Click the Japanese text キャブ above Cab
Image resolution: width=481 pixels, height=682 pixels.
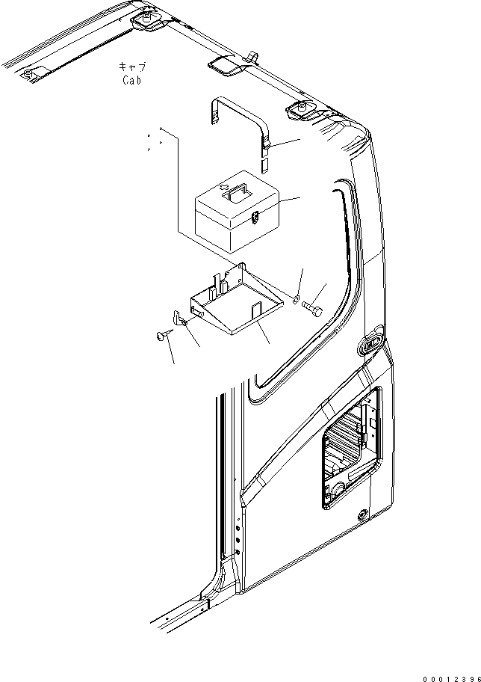[131, 67]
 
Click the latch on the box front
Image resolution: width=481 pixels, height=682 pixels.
[255, 218]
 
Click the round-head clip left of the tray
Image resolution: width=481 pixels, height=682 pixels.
[162, 337]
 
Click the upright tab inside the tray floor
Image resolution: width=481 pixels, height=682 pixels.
[254, 308]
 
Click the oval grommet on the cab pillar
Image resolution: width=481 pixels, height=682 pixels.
[369, 345]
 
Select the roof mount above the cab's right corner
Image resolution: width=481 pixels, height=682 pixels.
[301, 111]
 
